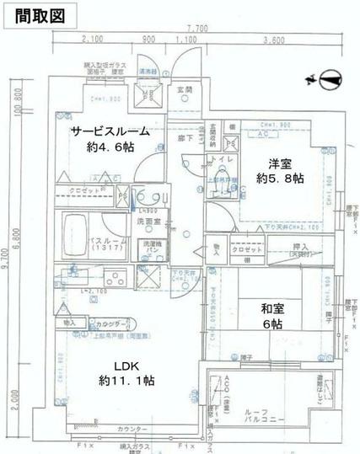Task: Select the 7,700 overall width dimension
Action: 197,27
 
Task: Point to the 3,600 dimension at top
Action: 272,40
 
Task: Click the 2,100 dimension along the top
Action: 93,40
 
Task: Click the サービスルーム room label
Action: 110,131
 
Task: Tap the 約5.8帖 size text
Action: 275,179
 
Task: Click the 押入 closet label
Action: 301,247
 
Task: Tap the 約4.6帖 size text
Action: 110,147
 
